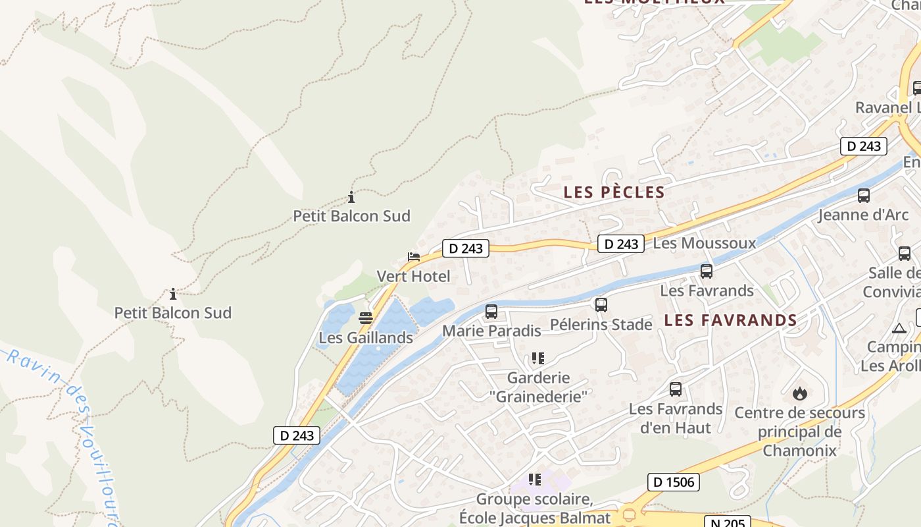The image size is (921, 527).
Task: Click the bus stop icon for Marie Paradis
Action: pos(491,312)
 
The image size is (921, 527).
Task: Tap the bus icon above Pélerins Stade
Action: pos(601,305)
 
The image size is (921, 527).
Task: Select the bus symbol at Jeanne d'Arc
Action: pos(864,196)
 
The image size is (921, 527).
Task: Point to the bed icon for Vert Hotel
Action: pos(414,257)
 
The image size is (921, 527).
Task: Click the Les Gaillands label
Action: pos(366,338)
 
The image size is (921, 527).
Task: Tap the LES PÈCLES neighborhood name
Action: pos(614,192)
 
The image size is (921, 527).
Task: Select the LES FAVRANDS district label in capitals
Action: pos(730,321)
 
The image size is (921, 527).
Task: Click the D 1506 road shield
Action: pos(674,482)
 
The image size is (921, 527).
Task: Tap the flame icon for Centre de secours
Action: pos(800,393)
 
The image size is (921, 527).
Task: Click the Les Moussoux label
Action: pos(704,243)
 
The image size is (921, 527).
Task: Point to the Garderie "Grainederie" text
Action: pos(538,387)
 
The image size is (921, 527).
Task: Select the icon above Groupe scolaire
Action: pos(535,480)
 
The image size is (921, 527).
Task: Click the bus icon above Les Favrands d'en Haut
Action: pos(676,389)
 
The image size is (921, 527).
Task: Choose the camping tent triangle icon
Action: pos(899,328)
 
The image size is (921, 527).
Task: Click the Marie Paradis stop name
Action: pos(491,331)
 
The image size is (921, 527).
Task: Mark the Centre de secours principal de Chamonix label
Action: pos(799,432)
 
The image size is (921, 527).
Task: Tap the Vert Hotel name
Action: pos(413,276)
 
